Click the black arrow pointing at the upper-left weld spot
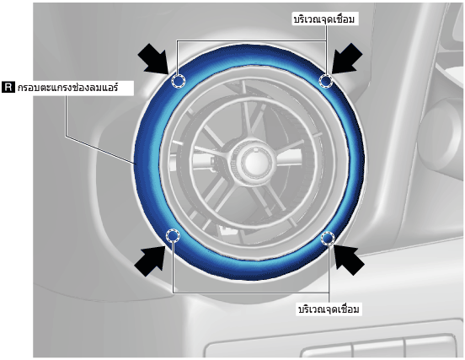[x=153, y=59]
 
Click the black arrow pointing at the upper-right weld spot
[x=346, y=59]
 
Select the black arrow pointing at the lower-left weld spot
[x=150, y=261]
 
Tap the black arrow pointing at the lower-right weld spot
[x=350, y=261]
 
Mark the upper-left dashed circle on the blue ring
[x=179, y=81]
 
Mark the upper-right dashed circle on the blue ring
[x=326, y=80]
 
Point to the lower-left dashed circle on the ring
[x=173, y=236]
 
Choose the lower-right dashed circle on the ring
[x=328, y=238]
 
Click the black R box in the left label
[x=8, y=88]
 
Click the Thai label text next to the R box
[x=68, y=88]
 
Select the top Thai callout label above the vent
[x=324, y=19]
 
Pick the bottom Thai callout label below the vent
[x=329, y=309]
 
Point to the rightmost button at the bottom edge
[x=430, y=347]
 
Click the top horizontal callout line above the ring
[x=252, y=40]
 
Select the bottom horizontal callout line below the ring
[x=250, y=293]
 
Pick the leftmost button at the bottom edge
[x=326, y=352]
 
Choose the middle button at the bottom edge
[x=379, y=349]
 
